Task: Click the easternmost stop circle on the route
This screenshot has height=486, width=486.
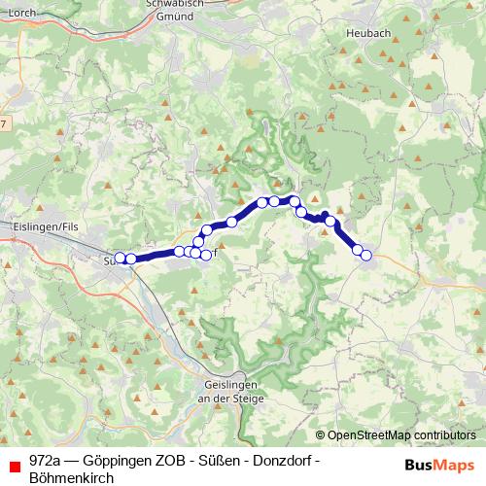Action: (x=366, y=256)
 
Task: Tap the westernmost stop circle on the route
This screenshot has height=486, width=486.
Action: (x=121, y=258)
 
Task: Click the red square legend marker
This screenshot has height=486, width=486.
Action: (x=14, y=460)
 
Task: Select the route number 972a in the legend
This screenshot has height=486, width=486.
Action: (x=45, y=459)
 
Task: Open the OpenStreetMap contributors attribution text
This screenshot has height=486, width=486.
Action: (x=401, y=435)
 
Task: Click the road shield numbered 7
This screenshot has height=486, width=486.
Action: (x=4, y=124)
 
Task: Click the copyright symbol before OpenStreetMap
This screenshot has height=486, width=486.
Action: (x=321, y=435)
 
